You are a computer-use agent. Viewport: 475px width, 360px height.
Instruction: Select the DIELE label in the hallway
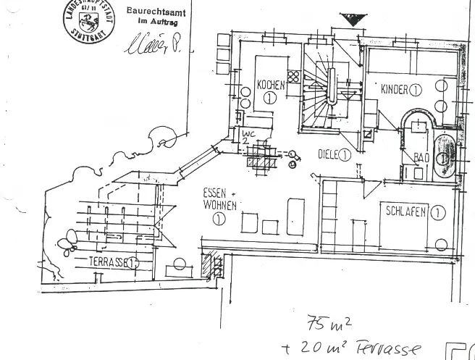pyautogui.click(x=329, y=154)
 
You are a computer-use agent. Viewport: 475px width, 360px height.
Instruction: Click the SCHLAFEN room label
pyautogui.click(x=405, y=213)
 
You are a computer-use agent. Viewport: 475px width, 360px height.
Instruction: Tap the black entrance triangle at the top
pyautogui.click(x=353, y=20)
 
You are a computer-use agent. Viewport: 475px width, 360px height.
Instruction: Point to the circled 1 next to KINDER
pyautogui.click(x=416, y=90)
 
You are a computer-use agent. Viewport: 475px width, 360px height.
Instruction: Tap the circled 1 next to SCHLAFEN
pyautogui.click(x=438, y=212)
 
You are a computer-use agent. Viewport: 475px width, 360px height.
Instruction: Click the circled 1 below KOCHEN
pyautogui.click(x=271, y=98)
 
